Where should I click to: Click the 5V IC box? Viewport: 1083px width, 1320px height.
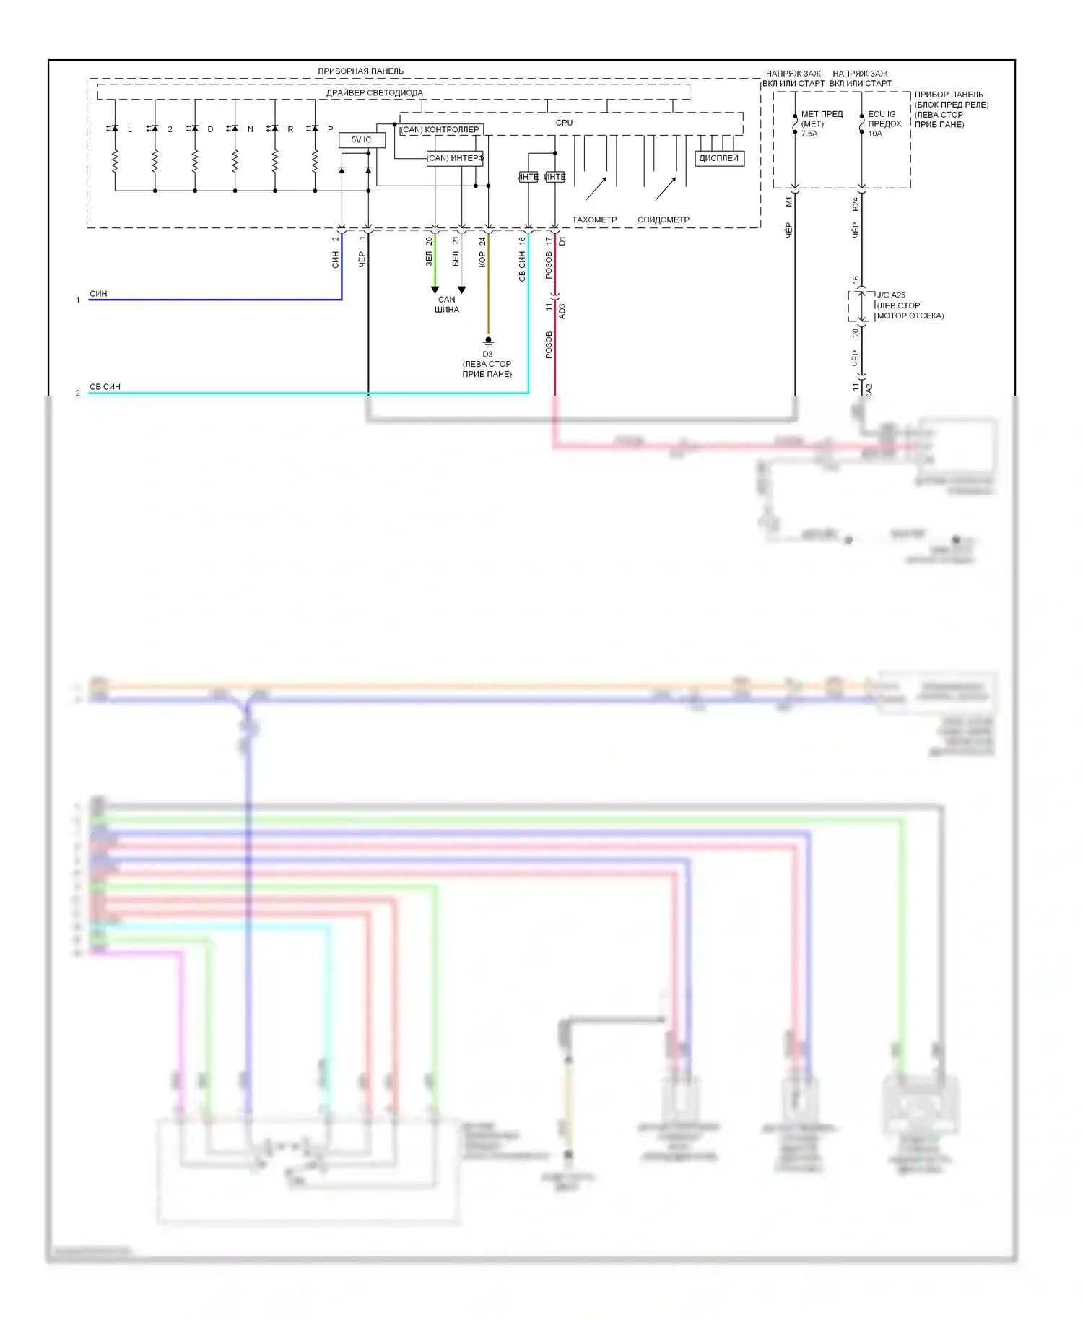[362, 139]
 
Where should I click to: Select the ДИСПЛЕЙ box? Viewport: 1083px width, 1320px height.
[718, 158]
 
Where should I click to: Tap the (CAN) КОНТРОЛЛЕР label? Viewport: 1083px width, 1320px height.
[440, 129]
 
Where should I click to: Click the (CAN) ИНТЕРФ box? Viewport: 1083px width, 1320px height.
[455, 158]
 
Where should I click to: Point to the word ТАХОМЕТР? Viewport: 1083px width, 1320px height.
[594, 220]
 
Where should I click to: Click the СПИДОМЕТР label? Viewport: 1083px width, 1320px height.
[663, 220]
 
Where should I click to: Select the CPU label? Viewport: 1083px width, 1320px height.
[564, 123]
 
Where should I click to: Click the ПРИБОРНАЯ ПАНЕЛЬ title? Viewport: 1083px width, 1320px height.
[360, 71]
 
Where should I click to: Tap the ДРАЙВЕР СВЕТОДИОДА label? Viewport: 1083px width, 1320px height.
[374, 92]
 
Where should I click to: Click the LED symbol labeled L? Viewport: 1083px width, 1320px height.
[114, 129]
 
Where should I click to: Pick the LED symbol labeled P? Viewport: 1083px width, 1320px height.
[314, 129]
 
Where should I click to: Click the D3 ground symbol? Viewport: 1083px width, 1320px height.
[488, 341]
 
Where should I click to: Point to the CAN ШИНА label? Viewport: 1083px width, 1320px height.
[447, 304]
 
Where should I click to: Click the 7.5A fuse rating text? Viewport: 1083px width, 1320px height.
[809, 134]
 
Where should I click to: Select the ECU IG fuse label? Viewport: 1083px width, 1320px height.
[882, 114]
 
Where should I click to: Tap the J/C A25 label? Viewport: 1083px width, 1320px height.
[891, 295]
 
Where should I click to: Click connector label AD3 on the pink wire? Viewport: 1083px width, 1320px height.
[562, 311]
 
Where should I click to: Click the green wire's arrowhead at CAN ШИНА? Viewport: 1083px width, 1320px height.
[435, 290]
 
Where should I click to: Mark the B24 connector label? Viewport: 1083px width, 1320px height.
[856, 204]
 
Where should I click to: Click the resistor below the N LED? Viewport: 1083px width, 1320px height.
[235, 161]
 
